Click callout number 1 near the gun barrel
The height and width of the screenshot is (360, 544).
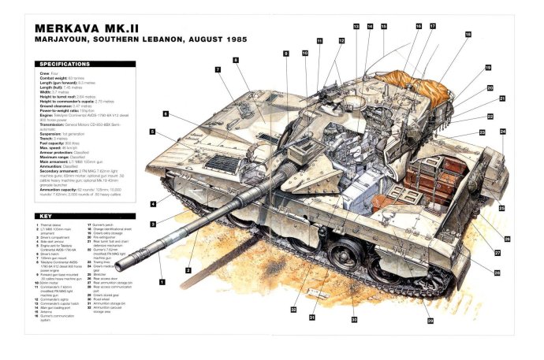pyautogui.click(x=162, y=281)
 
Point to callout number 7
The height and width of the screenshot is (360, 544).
pyautogui.click(x=218, y=69)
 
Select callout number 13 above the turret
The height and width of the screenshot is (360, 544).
pyautogui.click(x=356, y=27)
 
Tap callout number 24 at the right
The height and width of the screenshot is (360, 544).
pyautogui.click(x=502, y=132)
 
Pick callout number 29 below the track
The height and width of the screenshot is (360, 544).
pyautogui.click(x=430, y=321)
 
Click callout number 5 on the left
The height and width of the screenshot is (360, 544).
pyautogui.click(x=153, y=132)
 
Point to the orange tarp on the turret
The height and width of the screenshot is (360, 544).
pyautogui.click(x=410, y=79)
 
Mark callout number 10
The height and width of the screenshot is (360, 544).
pyautogui.click(x=304, y=53)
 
